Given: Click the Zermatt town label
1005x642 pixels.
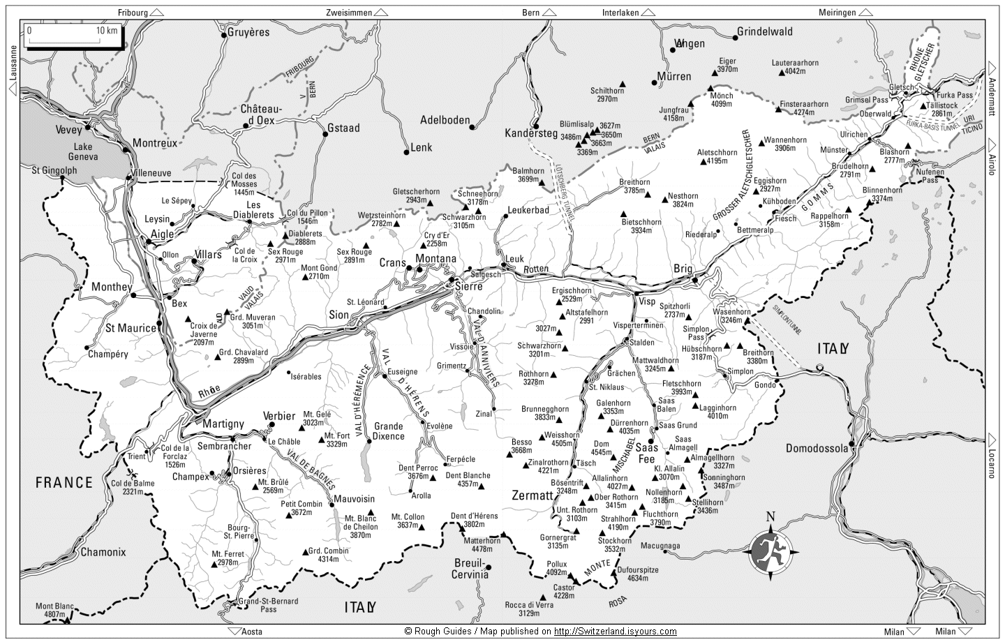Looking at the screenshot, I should click(x=532, y=495).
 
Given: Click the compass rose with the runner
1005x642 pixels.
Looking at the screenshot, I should click(x=770, y=548).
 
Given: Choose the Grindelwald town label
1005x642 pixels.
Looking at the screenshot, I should click(x=766, y=31).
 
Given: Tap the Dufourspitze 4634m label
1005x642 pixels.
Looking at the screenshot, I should click(x=638, y=574).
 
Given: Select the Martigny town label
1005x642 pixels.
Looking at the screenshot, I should click(x=223, y=424).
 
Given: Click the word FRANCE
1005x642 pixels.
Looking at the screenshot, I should click(x=64, y=482).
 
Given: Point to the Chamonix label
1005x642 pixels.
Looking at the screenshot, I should click(x=103, y=552).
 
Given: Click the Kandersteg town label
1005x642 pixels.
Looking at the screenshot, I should click(x=531, y=133).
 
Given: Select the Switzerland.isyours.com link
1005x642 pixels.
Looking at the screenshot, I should click(x=615, y=632).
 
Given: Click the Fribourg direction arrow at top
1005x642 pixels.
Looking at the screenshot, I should click(x=157, y=13).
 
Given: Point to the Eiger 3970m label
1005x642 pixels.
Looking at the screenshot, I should click(x=727, y=65).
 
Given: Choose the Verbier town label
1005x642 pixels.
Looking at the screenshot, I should click(x=279, y=416).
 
